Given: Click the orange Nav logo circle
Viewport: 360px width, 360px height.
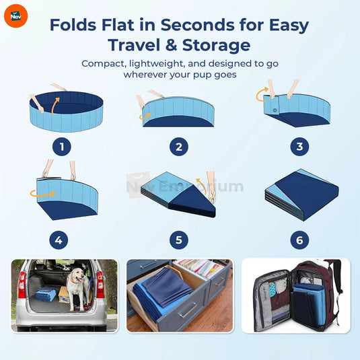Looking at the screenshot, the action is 16,16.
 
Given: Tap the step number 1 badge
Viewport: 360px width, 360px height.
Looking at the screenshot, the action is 62,147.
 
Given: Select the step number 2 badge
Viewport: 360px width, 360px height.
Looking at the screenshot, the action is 179,147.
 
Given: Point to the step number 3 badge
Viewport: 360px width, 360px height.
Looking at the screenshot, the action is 299,147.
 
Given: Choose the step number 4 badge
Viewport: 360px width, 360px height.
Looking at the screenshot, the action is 59,240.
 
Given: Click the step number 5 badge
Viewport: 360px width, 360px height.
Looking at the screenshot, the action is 179,240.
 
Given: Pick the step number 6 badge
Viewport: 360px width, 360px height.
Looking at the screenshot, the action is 299,240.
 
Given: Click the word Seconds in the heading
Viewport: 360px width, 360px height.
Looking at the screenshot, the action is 197,25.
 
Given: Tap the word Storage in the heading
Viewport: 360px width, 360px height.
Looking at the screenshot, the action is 216,45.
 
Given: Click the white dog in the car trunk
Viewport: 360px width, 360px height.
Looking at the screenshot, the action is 77,289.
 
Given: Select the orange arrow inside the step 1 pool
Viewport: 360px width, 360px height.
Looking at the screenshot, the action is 55,106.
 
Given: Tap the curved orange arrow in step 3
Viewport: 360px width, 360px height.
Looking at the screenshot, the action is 261,94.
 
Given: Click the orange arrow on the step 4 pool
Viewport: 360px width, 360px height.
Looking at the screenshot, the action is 42,194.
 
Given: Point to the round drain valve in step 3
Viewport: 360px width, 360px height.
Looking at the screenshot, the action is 275,110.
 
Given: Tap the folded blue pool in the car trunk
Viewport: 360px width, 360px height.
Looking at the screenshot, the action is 46,294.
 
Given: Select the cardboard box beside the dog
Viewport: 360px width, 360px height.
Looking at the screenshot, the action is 64,295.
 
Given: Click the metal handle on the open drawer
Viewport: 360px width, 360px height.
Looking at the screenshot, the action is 188,310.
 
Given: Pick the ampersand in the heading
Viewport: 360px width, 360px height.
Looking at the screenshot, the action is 171,45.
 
